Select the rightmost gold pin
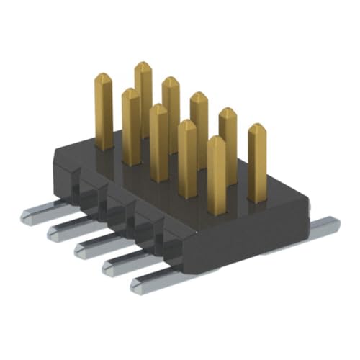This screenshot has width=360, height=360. pos(257,162)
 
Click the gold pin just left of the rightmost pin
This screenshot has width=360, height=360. pos(228,144)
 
